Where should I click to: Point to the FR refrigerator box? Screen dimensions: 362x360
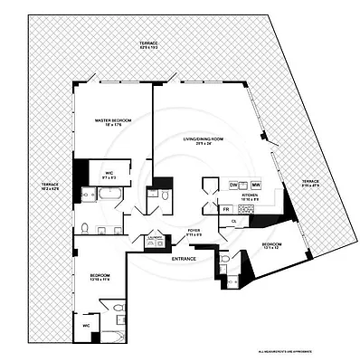[226, 209]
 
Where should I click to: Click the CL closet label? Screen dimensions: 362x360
[233, 220]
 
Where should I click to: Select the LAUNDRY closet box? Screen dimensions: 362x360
[155, 240]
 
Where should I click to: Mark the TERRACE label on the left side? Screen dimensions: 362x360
[50, 186]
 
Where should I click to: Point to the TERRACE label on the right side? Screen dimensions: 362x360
[310, 184]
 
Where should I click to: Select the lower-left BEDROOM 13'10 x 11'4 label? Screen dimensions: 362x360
[99, 276]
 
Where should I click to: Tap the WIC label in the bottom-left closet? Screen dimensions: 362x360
[87, 324]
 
